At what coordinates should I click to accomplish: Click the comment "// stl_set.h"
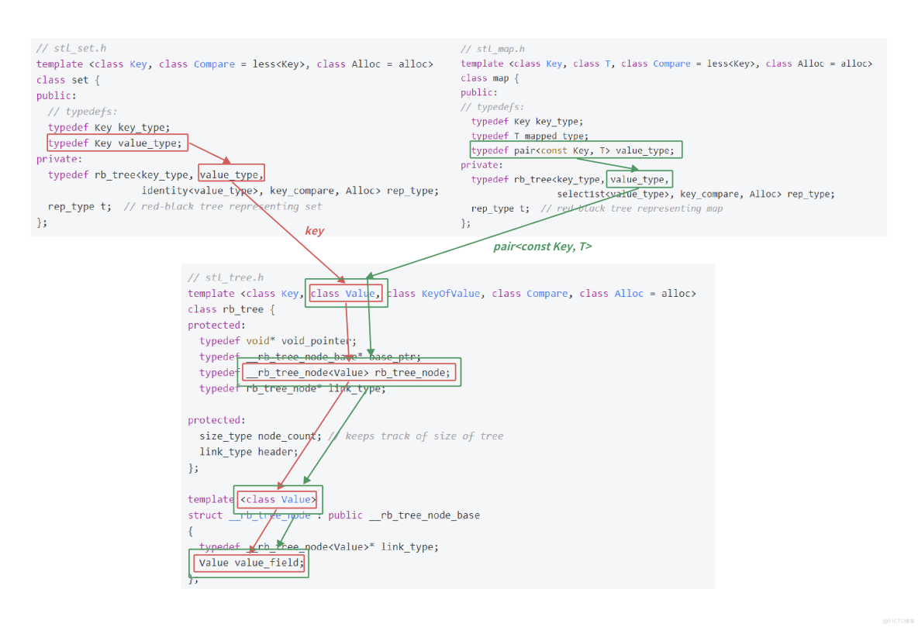tap(71, 48)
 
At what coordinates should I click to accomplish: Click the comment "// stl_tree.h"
tap(226, 277)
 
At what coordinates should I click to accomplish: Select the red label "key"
tap(314, 230)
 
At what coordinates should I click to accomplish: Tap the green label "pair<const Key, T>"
tap(542, 246)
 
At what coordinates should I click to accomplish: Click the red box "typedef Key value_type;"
tap(117, 143)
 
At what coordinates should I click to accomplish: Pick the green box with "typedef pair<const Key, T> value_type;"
tap(576, 150)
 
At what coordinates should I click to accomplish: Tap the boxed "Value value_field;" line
tap(250, 563)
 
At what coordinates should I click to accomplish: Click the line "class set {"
tap(68, 80)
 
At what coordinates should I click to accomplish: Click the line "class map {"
tap(489, 78)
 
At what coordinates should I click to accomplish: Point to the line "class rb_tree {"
tap(231, 309)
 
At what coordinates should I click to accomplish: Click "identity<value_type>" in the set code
tap(202, 191)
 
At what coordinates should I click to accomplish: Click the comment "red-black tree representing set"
tap(231, 207)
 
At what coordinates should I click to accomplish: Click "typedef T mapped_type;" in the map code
tap(530, 136)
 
